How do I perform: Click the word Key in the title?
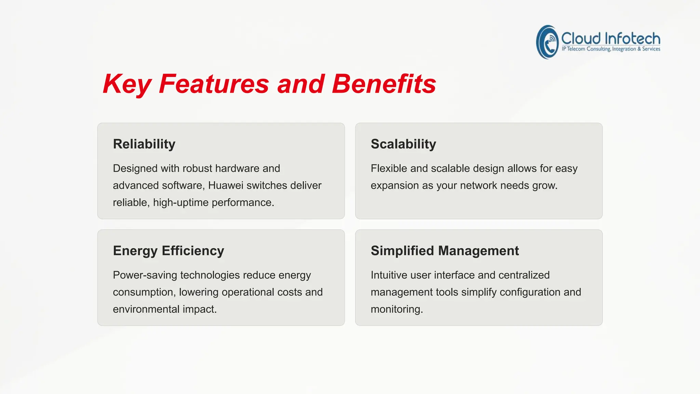click(x=126, y=84)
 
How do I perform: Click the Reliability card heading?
click(x=144, y=144)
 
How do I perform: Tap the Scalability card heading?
click(x=403, y=144)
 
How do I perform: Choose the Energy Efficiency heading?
click(x=169, y=251)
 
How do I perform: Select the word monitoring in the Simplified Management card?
click(x=396, y=309)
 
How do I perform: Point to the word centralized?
click(x=524, y=275)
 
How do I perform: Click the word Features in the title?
click(x=214, y=84)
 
